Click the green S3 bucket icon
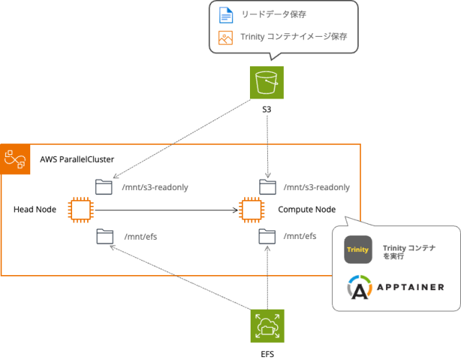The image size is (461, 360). [267, 82]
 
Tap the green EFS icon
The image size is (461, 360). [267, 326]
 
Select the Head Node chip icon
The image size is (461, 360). [80, 210]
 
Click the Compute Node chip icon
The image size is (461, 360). [251, 210]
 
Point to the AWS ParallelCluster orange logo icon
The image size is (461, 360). [15, 158]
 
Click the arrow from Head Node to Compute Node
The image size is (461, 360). [166, 210]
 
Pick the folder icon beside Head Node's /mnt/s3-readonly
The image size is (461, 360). [104, 186]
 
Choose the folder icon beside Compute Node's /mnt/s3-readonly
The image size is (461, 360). [268, 186]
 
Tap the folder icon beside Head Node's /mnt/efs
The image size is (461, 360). [104, 235]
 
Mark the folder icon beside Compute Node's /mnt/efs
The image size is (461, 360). [268, 235]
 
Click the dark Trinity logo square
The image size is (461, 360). [358, 250]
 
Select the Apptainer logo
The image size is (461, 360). [395, 287]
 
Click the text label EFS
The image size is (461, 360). [267, 354]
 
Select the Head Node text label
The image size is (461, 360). [35, 210]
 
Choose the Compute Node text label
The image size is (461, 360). [307, 210]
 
